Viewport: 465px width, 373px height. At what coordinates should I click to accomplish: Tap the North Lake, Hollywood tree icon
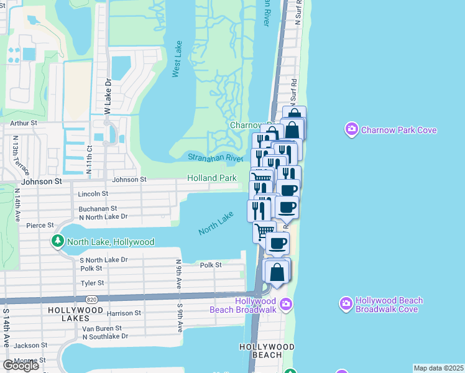(58, 241)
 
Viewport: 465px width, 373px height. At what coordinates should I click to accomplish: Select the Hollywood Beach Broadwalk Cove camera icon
(346, 304)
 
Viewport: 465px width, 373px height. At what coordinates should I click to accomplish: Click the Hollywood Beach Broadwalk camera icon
(285, 304)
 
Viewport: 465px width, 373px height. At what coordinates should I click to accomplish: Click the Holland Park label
(212, 178)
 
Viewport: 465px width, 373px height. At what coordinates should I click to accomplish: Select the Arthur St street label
(24, 124)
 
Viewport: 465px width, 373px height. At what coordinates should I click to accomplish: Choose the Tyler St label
(91, 283)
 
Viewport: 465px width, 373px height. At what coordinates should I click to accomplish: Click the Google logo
(21, 365)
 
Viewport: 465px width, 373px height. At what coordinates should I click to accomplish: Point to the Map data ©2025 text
(438, 368)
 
